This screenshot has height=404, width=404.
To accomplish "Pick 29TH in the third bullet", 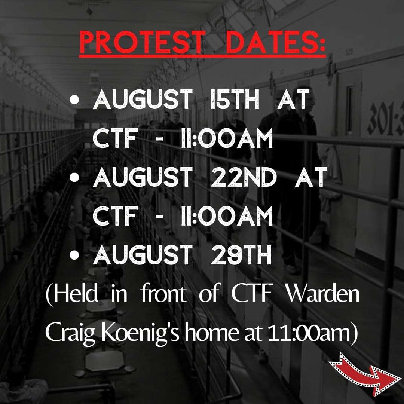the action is (x=241, y=255).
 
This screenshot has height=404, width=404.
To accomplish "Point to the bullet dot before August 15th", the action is (x=74, y=100).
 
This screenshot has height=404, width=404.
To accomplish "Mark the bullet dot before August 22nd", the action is (x=74, y=178).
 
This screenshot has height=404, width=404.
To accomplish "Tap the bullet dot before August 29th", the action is (x=74, y=255).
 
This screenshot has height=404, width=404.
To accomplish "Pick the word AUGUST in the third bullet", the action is (x=143, y=255).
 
